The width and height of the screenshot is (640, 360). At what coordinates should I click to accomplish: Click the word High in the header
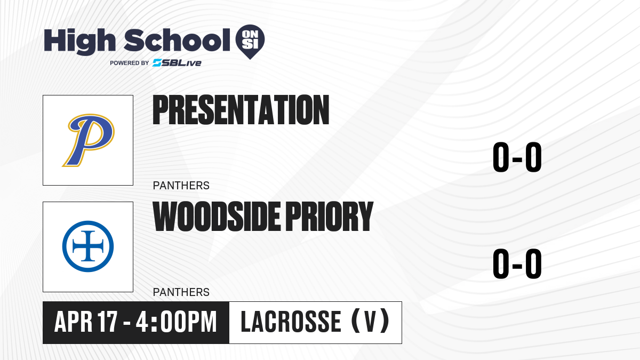79,42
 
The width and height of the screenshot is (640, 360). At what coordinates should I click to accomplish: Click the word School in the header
177,40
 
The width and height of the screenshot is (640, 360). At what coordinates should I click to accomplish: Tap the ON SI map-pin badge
250,42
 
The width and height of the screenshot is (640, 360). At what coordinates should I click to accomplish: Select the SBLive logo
177,63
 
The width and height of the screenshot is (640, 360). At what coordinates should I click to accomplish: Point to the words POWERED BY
130,63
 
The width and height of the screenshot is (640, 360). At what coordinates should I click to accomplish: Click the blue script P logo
89,140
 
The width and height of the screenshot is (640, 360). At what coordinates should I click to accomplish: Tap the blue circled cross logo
88,246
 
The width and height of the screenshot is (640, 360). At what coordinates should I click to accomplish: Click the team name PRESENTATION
241,110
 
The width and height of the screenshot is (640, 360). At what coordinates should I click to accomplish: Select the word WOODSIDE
217,217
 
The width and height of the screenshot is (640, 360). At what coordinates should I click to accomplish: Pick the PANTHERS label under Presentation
181,186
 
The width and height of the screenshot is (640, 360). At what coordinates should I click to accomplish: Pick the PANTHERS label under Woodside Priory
181,292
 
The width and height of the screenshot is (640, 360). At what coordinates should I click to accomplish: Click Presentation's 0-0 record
517,157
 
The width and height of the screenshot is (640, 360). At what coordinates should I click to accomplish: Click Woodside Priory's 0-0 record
517,263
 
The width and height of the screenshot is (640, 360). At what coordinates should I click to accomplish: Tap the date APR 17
86,322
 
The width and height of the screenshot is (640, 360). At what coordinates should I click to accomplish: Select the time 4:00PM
177,322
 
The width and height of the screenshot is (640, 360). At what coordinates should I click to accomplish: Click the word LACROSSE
291,322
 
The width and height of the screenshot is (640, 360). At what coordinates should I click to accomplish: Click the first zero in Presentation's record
501,157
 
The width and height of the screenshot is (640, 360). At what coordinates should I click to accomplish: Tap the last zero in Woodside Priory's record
533,263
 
